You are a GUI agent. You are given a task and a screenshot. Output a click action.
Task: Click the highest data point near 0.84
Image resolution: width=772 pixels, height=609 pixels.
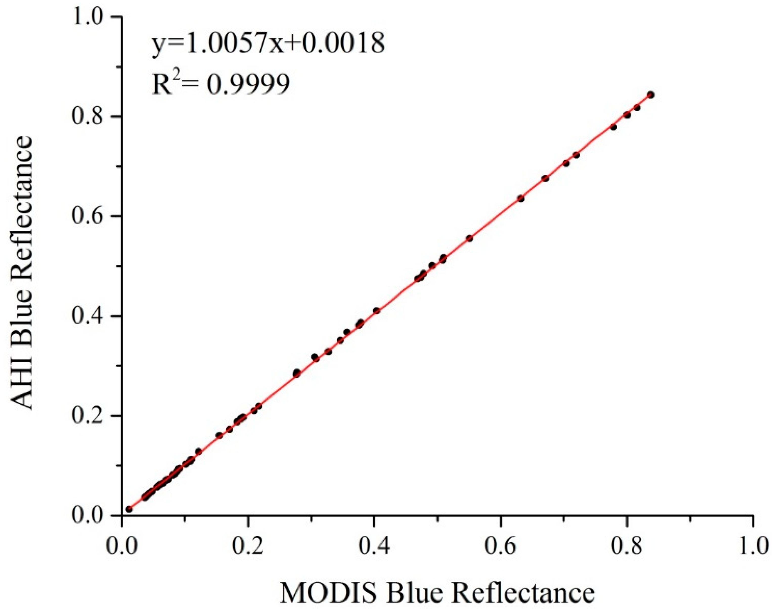(x=651, y=95)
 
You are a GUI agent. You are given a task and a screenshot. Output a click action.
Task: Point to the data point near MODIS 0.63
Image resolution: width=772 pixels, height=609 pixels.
(x=521, y=198)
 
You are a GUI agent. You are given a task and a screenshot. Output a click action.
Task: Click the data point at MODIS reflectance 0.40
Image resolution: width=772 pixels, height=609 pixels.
(x=377, y=310)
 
